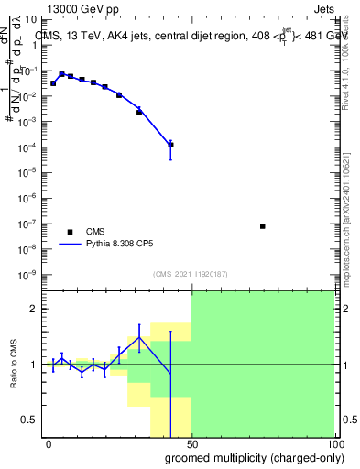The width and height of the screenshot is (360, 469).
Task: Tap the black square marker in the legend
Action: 70,232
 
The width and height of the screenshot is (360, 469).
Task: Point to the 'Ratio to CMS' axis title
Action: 14,365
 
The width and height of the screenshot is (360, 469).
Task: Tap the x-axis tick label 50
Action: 191,444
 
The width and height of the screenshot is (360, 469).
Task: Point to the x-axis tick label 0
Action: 49,444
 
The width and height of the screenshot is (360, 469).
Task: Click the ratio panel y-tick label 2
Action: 34,309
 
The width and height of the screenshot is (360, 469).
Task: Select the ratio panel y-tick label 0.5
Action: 29,420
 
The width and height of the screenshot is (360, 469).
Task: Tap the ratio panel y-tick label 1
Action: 34,365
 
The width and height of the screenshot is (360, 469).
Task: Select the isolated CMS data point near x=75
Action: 263,225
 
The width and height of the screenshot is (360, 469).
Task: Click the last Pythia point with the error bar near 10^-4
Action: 170,145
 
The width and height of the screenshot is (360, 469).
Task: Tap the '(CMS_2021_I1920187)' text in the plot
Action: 190,274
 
